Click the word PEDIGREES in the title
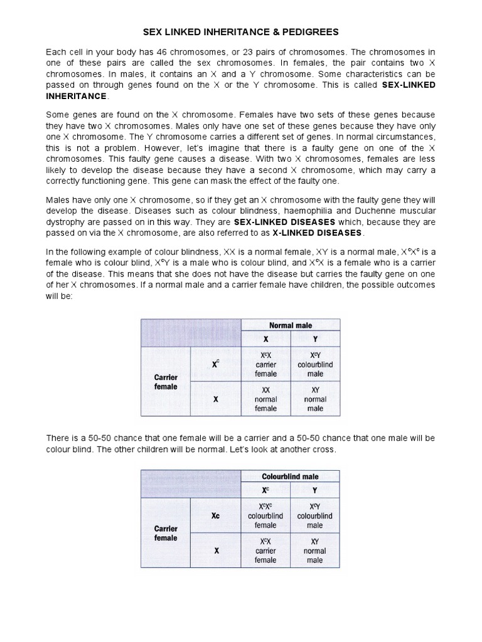(306, 31)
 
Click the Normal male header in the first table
(291, 325)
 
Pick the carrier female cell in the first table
(265, 364)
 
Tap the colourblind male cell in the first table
(315, 364)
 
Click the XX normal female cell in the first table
(265, 399)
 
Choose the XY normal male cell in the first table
(315, 399)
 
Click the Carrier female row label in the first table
(166, 382)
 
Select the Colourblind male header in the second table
(290, 476)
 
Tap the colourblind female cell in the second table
(265, 515)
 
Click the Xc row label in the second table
(216, 515)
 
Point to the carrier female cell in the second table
(265, 550)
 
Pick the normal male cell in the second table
(315, 550)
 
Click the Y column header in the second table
(315, 490)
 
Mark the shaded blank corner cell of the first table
(191, 332)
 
